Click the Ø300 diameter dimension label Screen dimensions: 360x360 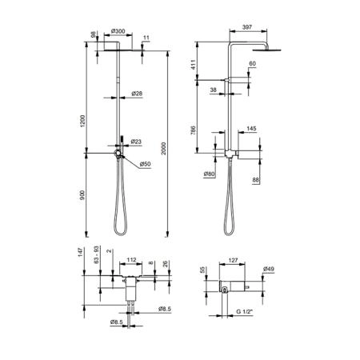click(118, 31)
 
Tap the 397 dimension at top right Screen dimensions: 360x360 click(247, 27)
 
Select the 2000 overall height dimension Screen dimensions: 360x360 click(163, 148)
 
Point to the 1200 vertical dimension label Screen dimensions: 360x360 click(82, 121)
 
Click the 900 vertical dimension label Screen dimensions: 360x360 click(82, 195)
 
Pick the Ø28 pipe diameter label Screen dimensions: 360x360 click(137, 94)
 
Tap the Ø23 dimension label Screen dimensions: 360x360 click(136, 142)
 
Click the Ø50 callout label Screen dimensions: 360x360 click(145, 164)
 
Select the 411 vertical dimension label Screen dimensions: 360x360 click(194, 65)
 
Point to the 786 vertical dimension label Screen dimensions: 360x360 click(194, 130)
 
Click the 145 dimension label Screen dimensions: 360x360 click(251, 129)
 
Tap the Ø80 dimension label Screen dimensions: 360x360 click(210, 174)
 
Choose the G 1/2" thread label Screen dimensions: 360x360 click(244, 311)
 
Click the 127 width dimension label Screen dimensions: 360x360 click(233, 260)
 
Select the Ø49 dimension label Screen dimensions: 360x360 click(269, 269)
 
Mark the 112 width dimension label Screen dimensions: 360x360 click(131, 260)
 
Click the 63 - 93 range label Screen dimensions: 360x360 click(97, 254)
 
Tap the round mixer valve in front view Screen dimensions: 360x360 click(118, 153)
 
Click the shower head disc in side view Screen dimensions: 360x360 click(266, 50)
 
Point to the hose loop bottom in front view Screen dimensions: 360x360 click(121, 234)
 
